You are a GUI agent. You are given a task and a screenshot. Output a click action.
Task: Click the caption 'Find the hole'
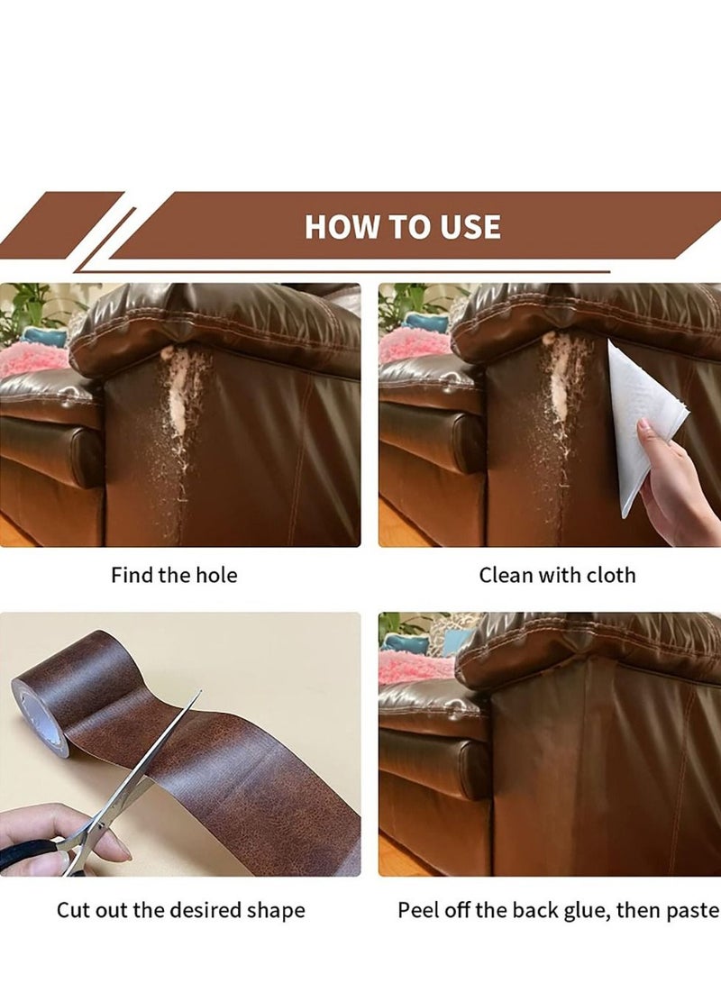pos(174,575)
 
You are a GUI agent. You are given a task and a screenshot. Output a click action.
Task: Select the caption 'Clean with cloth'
pos(557,575)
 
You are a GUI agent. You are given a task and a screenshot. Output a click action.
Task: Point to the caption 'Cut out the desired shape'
pos(180,910)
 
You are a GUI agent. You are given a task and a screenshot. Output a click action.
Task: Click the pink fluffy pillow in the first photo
pos(32,360)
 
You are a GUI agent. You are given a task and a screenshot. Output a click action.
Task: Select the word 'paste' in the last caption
pos(692,910)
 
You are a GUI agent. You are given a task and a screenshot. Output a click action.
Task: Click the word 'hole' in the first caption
pos(216,575)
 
